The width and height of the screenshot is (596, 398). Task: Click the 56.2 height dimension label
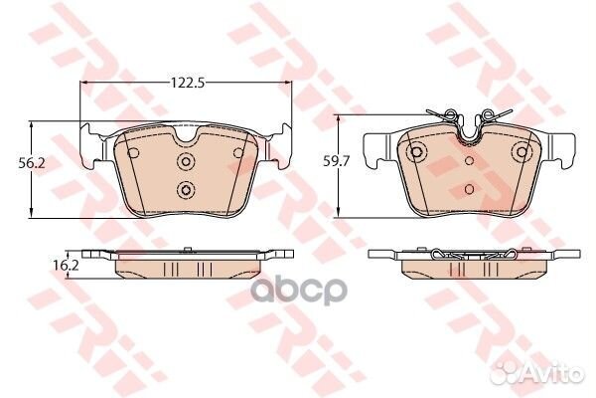pos(32,163)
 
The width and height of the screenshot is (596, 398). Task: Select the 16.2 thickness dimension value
pos(67,265)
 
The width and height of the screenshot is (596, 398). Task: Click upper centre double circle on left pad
pos(186,161)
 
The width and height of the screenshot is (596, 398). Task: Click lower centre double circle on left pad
pos(186,189)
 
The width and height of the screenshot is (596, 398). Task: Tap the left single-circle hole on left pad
pos(133,153)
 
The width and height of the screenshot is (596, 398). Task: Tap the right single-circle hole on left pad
pos(238,153)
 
